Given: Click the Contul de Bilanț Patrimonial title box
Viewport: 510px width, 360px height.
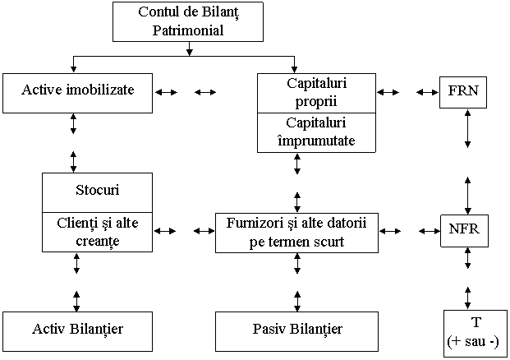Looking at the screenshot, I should coord(187,22).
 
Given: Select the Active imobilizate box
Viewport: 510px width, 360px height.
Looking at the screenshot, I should coord(78,92).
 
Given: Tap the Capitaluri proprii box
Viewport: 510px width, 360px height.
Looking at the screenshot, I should coord(316,93).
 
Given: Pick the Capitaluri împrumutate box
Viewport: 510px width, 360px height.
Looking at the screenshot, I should coord(316,132).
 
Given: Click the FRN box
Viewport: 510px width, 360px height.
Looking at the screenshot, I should coord(463,93).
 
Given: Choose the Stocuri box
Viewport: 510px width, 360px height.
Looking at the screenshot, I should coord(97,192).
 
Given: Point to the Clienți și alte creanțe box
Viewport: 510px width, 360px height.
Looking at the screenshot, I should coord(97,230).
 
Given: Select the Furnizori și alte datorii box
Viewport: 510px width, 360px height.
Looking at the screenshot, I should coord(296,232).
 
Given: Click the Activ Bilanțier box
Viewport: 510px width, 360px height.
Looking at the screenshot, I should coord(78,330).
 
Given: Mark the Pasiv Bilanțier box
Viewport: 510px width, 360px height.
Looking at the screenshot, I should coord(296,330).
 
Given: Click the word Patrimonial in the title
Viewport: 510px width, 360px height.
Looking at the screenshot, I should coord(187,31).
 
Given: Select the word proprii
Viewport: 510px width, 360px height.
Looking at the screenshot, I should coord(316,102).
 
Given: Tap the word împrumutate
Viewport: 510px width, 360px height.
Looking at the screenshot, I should coord(316,141).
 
